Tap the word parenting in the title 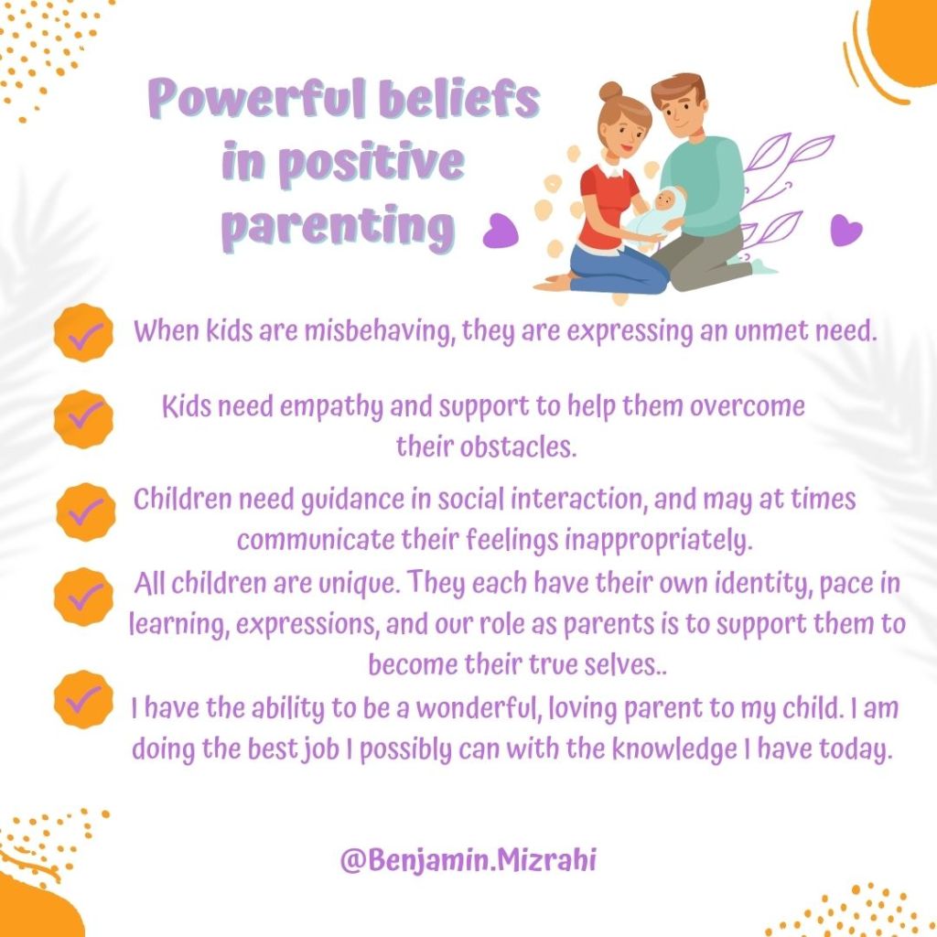[x=339, y=227]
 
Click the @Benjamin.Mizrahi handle [x=468, y=860]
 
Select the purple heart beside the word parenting [x=500, y=230]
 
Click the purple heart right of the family [x=846, y=230]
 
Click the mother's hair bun [x=610, y=92]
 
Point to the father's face [x=681, y=113]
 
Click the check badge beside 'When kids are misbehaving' [x=83, y=332]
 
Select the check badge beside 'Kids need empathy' [x=83, y=419]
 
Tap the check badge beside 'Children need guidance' [x=85, y=512]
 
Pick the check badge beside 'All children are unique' [x=83, y=597]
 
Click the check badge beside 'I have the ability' [x=83, y=698]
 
